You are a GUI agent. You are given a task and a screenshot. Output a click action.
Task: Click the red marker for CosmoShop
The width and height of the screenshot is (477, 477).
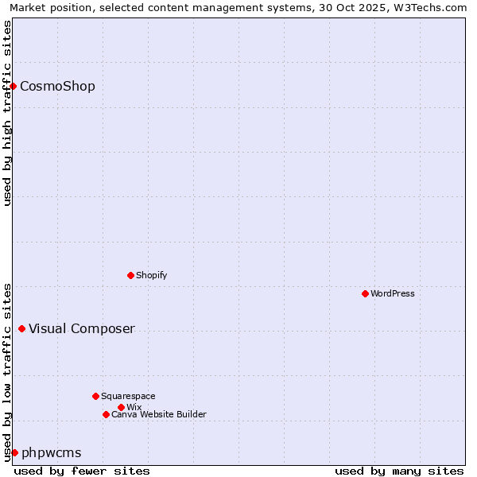click(x=14, y=86)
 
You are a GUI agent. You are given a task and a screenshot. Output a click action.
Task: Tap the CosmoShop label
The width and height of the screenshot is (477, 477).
click(x=57, y=87)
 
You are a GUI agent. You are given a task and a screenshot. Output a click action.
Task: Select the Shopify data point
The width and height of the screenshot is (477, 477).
click(x=130, y=275)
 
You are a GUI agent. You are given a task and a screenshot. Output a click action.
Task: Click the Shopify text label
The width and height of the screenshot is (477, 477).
click(x=151, y=276)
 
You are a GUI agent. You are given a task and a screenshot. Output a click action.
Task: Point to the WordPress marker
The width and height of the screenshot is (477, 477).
click(x=365, y=293)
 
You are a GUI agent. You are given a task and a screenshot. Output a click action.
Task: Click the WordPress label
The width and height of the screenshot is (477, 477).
click(x=393, y=294)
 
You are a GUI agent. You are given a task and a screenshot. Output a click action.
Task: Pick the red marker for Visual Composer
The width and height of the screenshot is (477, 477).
click(x=21, y=328)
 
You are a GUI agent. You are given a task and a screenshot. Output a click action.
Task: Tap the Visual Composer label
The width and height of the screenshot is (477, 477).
click(x=82, y=329)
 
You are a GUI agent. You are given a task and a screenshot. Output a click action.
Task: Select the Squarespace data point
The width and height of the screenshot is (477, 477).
click(x=95, y=396)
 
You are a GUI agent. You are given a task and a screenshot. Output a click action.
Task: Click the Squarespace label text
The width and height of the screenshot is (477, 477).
click(x=128, y=397)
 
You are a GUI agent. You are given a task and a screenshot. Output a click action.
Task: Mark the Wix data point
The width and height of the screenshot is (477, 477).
click(x=121, y=407)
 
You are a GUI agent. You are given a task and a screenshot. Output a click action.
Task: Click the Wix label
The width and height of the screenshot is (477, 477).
click(x=134, y=408)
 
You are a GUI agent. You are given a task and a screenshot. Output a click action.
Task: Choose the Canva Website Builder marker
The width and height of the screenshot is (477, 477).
click(x=106, y=414)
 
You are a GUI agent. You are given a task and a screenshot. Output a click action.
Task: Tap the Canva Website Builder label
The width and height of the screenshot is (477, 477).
click(x=159, y=415)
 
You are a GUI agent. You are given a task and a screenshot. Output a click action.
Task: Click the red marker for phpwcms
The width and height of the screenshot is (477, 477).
click(x=14, y=452)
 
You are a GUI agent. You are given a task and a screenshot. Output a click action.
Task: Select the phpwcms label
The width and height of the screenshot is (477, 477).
click(x=52, y=453)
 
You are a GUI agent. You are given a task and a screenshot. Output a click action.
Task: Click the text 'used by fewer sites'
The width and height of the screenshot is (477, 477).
click(x=82, y=471)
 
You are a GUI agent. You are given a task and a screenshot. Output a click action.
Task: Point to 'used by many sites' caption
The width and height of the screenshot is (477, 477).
click(x=399, y=471)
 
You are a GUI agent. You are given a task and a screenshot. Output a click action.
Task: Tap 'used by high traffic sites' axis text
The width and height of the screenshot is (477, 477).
click(x=8, y=113)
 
